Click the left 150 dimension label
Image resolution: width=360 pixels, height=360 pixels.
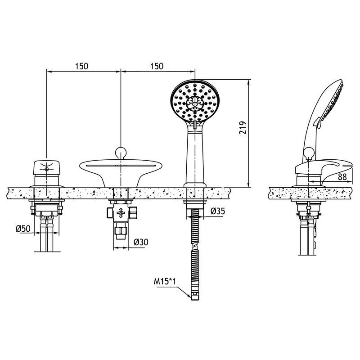click(81, 66)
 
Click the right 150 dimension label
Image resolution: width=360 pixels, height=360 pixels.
click(157, 66)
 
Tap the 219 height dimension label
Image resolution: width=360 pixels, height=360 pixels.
click(243, 128)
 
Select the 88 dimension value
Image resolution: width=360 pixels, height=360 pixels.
click(342, 177)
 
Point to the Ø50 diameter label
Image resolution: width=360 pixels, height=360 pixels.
click(23, 229)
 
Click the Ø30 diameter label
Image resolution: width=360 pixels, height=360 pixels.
click(141, 242)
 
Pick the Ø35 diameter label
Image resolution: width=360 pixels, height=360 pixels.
click(217, 211)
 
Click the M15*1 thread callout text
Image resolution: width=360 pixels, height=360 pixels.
click(165, 282)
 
